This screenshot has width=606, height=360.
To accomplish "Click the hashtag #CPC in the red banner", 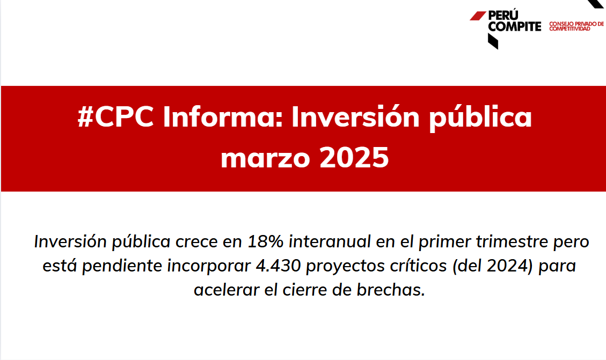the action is pos(115,116).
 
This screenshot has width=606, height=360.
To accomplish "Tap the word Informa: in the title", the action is pos(223,116).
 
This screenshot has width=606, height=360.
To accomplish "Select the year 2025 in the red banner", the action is pos(354,157).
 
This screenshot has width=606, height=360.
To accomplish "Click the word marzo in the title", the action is pos(266,158).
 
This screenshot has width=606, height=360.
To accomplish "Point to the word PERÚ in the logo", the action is pos(503,15).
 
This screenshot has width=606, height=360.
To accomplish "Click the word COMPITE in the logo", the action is pos(515,26).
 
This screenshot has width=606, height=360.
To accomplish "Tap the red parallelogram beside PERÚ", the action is pos(478,16).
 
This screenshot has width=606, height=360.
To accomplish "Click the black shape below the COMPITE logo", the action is pos(493,41).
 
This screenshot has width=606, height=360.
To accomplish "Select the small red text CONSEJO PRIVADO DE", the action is pos(576,24).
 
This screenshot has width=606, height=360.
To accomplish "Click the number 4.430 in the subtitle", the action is pos(278,266).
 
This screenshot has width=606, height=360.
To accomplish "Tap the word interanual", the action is pos(330,241).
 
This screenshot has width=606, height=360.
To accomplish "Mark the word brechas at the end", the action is pos(391,290).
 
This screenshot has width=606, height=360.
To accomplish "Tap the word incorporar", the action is pos(209,267).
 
